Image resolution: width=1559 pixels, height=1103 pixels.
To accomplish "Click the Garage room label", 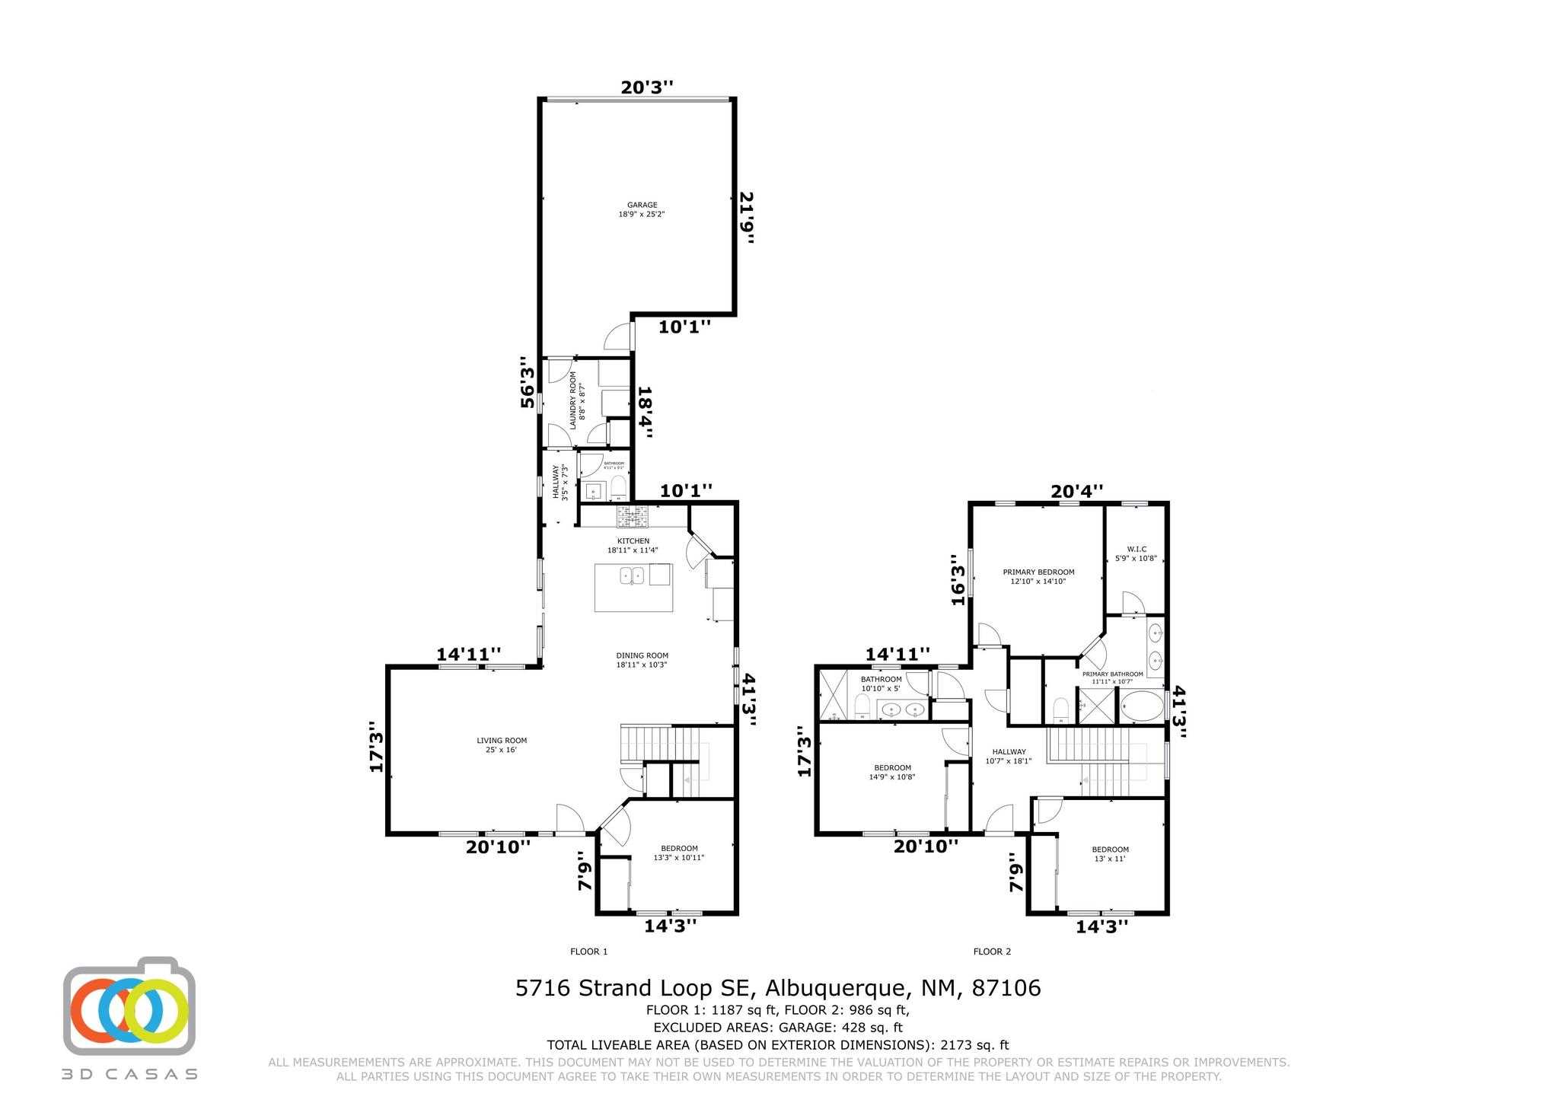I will (x=642, y=209).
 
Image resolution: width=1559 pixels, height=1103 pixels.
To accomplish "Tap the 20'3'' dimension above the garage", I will (x=647, y=88).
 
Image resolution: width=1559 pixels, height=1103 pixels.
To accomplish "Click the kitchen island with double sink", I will (x=633, y=587).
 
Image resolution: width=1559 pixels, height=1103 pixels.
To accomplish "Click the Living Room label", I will (x=502, y=744).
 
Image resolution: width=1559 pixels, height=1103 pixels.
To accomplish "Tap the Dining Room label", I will (x=642, y=659).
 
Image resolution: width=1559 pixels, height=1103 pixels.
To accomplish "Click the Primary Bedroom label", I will (x=1038, y=576).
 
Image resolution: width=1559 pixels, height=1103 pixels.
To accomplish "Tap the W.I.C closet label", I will (x=1136, y=553).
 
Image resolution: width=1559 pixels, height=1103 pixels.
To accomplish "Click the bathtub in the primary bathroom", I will (x=1140, y=706).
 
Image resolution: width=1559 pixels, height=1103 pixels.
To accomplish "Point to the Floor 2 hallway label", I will (x=1008, y=755).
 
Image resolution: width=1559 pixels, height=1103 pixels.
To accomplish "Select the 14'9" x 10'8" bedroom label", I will (x=892, y=772).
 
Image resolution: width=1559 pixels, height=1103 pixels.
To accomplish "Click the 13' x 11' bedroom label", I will (x=1110, y=853).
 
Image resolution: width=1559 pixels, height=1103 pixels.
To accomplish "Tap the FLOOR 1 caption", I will (x=588, y=952).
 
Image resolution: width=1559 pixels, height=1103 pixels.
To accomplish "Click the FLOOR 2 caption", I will (x=992, y=952).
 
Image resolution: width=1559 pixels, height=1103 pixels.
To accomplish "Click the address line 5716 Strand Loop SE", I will (x=778, y=988).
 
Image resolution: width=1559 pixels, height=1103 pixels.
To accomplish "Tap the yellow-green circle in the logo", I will (x=156, y=1012).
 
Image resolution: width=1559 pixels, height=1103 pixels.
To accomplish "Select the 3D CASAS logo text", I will (x=129, y=1074).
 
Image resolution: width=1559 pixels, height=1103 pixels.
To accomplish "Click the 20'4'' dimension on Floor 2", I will (x=1076, y=492).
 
